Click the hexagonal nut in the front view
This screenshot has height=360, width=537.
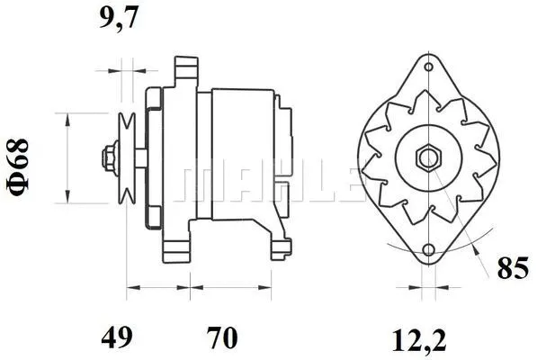pyautogui.click(x=426, y=158)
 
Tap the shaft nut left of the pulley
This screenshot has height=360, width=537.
pyautogui.click(x=108, y=158)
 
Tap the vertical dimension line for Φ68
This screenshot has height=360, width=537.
pyautogui.click(x=68, y=158)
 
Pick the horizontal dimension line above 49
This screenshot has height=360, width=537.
pyautogui.click(x=158, y=289)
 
